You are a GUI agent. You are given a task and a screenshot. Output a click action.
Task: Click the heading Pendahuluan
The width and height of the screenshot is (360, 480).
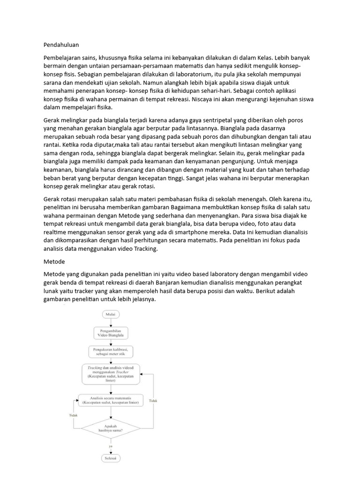click(x=61, y=45)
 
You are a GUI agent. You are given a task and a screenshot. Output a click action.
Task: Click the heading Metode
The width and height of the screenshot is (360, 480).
click(x=54, y=261)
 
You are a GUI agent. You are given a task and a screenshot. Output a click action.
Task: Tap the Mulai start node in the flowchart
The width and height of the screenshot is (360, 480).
click(x=111, y=314)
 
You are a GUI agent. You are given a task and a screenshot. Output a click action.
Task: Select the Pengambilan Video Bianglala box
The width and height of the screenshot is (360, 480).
click(x=111, y=333)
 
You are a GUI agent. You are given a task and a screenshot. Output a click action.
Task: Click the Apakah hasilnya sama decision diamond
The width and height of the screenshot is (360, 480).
click(x=111, y=427)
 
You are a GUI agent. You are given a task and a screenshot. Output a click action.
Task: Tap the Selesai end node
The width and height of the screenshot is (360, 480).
click(x=111, y=457)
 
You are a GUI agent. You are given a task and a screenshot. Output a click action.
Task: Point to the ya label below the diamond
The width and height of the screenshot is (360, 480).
click(x=111, y=446)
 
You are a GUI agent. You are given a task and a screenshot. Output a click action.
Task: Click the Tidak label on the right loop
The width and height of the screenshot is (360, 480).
click(x=153, y=401)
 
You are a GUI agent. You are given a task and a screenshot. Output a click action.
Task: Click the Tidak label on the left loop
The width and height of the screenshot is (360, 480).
click(x=73, y=415)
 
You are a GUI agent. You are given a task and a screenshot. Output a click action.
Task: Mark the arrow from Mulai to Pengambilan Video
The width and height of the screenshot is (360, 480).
click(x=111, y=322)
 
